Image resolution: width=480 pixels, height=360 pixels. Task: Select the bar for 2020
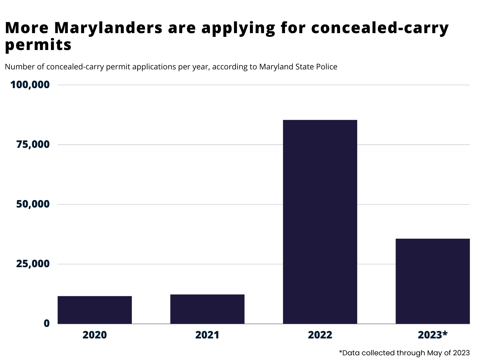[x=95, y=310]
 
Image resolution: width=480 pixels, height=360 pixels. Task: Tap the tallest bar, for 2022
[x=320, y=222]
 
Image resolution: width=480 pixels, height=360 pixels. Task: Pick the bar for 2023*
[x=432, y=281]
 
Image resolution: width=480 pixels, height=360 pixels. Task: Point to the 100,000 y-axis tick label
[x=30, y=85]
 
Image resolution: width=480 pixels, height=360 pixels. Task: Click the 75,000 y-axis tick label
[x=33, y=144]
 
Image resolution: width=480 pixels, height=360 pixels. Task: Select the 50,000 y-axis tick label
[x=33, y=204]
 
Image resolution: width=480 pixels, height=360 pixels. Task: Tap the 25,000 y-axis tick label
[x=33, y=264]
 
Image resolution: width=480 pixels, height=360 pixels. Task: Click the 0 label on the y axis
[x=47, y=323]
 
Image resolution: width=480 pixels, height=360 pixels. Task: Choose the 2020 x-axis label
[x=95, y=335]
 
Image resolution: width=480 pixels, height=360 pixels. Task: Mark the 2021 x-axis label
[x=207, y=335]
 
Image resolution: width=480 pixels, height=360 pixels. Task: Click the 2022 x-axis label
[x=320, y=335]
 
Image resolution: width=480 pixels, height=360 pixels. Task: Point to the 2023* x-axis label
[x=432, y=335]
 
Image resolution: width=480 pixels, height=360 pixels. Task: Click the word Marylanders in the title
[x=108, y=27]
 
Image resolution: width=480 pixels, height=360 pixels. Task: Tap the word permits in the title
[x=38, y=45]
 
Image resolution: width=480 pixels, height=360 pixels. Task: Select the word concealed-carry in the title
[x=380, y=27]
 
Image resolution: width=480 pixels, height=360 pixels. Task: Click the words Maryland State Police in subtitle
[x=298, y=67]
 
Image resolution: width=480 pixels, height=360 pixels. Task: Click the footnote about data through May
[x=404, y=353]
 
